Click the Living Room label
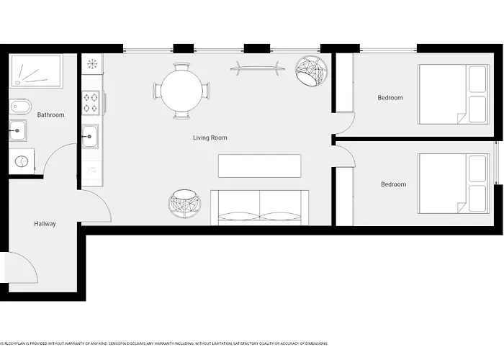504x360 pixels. click(210, 138)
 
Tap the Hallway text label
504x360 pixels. click(45, 224)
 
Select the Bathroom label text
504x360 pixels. click(50, 114)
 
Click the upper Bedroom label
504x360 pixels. click(390, 98)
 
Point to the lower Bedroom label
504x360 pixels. click(393, 184)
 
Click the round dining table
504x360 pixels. click(181, 91)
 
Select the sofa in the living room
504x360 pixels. click(259, 208)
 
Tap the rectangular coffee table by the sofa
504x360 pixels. click(259, 166)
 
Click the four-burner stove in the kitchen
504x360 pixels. click(91, 102)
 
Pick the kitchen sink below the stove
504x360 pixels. click(91, 135)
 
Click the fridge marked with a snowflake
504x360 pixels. click(91, 64)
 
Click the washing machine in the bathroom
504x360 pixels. click(22, 161)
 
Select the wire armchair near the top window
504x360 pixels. click(312, 71)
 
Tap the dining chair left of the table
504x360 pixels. click(156, 91)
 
